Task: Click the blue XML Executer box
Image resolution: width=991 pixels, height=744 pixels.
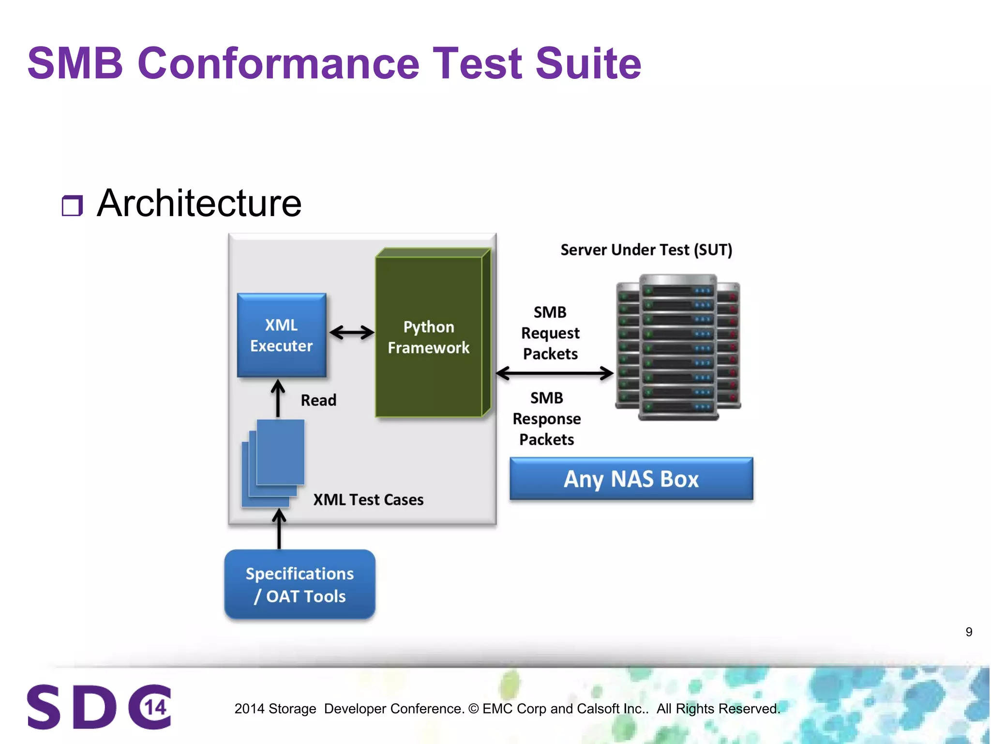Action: (x=282, y=335)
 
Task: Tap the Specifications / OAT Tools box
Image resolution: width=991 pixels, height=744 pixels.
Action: (x=300, y=585)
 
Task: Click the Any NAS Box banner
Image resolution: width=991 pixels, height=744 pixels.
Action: (x=631, y=479)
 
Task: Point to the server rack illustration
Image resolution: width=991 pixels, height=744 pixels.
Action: (x=678, y=347)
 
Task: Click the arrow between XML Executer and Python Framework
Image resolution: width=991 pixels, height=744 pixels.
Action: (x=352, y=333)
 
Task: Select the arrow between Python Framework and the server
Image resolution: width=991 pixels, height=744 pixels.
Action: (x=555, y=373)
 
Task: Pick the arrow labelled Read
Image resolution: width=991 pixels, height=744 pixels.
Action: (x=278, y=399)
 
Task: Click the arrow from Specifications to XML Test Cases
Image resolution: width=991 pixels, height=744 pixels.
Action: (x=279, y=529)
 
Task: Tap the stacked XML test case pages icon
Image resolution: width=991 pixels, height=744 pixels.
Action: (x=273, y=463)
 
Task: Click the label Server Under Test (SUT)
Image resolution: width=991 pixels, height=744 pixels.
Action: (x=646, y=250)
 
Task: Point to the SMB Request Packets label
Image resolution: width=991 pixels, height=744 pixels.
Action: (x=551, y=333)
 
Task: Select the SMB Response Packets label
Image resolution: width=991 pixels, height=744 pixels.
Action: (x=547, y=419)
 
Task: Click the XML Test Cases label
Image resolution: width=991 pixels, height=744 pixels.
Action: (x=368, y=500)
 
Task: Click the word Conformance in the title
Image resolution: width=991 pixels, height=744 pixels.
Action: (x=278, y=63)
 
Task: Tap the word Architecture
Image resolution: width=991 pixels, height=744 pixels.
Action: (x=199, y=203)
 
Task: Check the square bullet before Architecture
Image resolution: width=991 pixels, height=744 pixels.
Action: (x=72, y=206)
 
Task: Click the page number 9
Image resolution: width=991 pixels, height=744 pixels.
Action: (x=969, y=632)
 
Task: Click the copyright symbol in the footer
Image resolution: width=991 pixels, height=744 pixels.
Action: (x=474, y=709)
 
